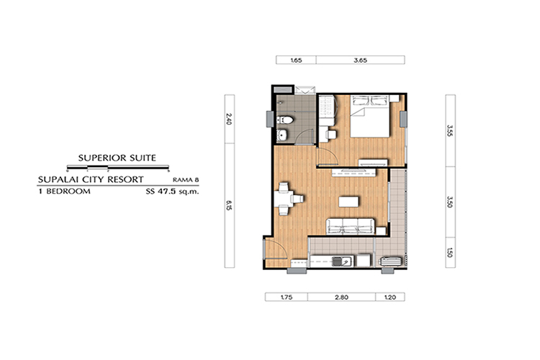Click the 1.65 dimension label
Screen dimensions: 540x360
point(296,60)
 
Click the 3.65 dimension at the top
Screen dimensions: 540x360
point(360,60)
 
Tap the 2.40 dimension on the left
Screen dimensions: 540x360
point(230,120)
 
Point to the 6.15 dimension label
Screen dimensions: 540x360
point(230,206)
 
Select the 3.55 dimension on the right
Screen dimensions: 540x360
point(450,131)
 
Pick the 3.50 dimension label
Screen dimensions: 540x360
point(450,202)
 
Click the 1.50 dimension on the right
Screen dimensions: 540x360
point(450,253)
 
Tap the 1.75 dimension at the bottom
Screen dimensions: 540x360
point(287,297)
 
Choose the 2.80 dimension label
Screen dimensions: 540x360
point(341,297)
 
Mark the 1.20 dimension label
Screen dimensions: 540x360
point(390,297)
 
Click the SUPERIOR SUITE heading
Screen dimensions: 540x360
point(117,158)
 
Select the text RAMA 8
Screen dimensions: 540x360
point(186,180)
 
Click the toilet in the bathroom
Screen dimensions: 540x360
point(285,120)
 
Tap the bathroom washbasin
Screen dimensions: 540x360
point(282,135)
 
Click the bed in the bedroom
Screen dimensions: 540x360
point(370,117)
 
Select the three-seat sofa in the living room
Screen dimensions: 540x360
point(350,226)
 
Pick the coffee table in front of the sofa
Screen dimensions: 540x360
point(348,202)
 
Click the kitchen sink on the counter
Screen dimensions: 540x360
point(341,262)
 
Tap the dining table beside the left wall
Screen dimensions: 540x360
point(283,199)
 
